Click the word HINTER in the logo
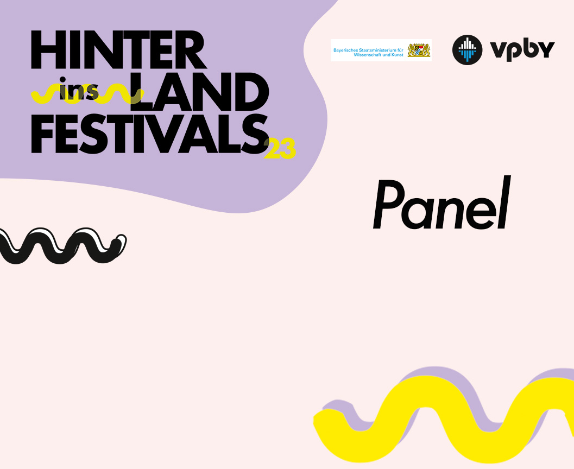tap(118, 50)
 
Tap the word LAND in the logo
tap(199, 91)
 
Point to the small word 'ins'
tap(79, 89)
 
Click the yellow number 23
tap(280, 149)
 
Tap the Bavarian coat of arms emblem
tap(419, 50)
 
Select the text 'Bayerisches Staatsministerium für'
tap(368, 50)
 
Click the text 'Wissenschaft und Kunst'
tap(378, 54)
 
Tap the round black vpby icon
tap(468, 50)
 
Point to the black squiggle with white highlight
tap(62, 245)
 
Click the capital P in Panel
tap(389, 204)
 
